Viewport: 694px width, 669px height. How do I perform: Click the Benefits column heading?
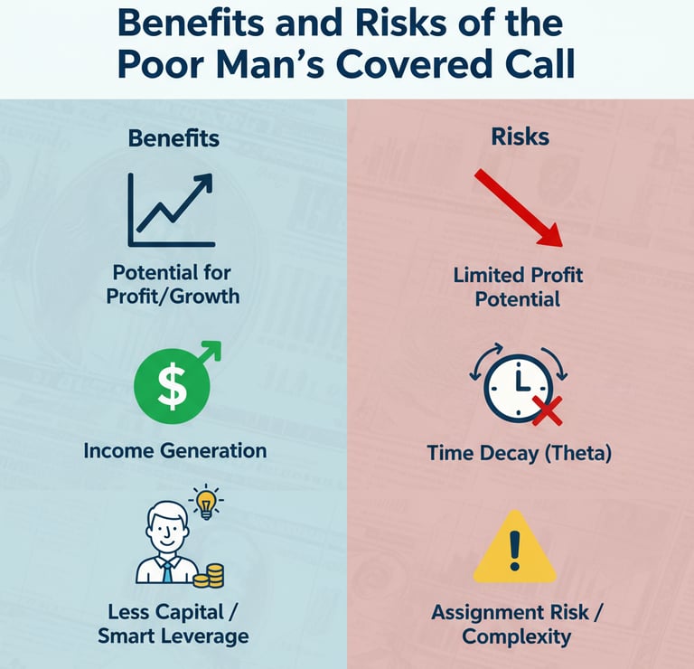(173, 138)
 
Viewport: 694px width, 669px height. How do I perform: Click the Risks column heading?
(520, 137)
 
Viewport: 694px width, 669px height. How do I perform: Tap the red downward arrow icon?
(519, 206)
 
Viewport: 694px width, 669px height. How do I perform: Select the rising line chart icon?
(172, 211)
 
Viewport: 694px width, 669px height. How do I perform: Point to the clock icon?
(517, 386)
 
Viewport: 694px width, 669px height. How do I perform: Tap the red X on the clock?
(546, 411)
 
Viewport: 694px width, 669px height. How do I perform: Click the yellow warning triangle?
(514, 549)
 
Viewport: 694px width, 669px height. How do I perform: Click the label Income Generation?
(174, 450)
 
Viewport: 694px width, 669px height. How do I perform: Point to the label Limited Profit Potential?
(519, 286)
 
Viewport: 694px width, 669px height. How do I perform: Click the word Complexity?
(516, 636)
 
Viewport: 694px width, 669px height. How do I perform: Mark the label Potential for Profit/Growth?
(172, 283)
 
